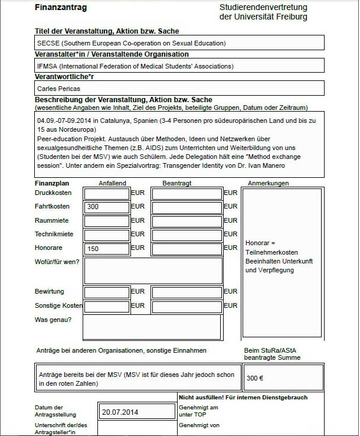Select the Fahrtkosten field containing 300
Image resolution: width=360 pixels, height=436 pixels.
click(x=107, y=207)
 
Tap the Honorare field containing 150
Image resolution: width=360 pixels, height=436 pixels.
click(x=107, y=249)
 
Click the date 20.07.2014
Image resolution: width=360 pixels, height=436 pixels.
click(x=120, y=412)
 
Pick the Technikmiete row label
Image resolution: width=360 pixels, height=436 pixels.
click(x=53, y=234)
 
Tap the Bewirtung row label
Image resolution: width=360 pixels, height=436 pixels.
click(x=50, y=291)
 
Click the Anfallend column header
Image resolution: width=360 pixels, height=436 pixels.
click(x=112, y=183)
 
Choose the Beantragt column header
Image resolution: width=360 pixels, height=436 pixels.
click(x=177, y=183)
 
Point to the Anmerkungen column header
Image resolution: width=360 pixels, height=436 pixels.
click(x=269, y=183)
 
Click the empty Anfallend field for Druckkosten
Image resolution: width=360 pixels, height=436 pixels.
click(x=107, y=193)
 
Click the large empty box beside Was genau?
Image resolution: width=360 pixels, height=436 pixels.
click(x=152, y=327)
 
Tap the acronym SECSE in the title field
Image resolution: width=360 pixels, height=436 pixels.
click(x=47, y=43)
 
